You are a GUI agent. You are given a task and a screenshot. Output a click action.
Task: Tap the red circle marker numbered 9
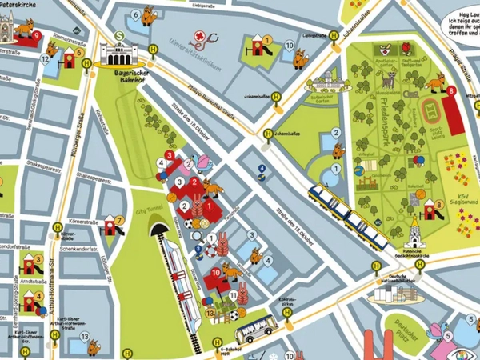pyautogui.click(x=37, y=34)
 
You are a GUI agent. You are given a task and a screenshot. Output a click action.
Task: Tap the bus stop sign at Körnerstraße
pyautogui.click(x=57, y=227)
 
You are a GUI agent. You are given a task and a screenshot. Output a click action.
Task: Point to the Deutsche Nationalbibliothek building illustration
pyautogui.click(x=394, y=294)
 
